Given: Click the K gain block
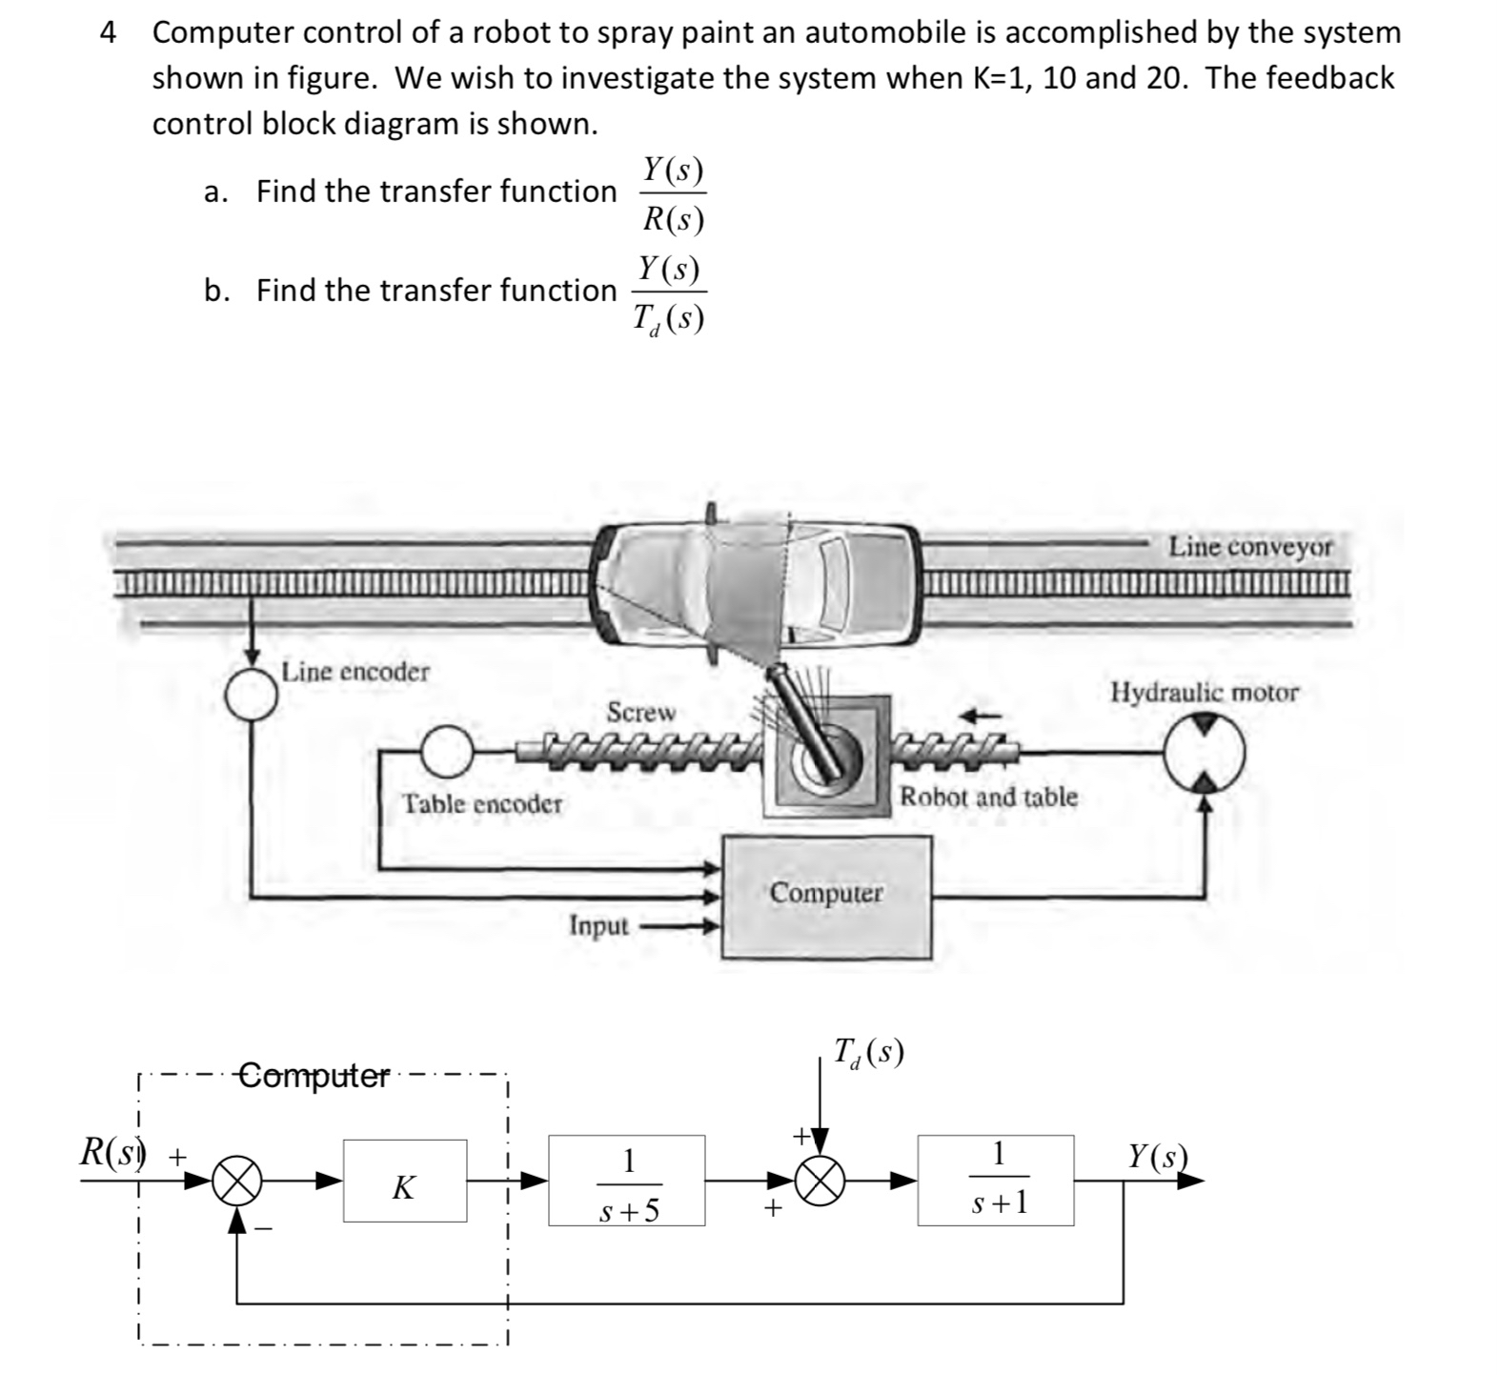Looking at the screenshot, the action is (405, 1181).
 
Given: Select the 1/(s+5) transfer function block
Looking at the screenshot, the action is (627, 1181).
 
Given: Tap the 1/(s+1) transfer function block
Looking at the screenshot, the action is (996, 1180).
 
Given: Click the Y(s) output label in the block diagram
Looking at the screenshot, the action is (1158, 1156).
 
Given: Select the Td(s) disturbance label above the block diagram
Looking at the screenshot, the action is (867, 1052).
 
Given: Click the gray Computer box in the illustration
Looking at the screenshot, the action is (826, 897).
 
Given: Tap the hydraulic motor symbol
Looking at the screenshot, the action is (1205, 753).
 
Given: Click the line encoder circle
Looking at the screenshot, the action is (252, 693).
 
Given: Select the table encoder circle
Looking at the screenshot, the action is (446, 751).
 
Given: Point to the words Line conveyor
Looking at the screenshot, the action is (1251, 546).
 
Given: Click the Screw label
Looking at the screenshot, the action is (641, 712).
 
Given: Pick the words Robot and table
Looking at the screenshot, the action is (989, 796).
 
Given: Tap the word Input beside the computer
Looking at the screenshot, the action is (598, 925).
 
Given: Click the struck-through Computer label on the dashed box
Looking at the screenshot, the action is (314, 1077).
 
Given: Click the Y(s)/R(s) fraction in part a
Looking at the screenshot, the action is (673, 194).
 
